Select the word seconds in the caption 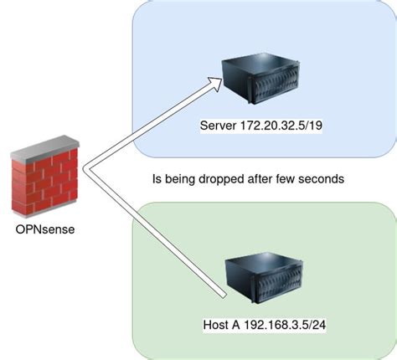click(x=322, y=178)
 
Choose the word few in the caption click(x=293, y=178)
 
